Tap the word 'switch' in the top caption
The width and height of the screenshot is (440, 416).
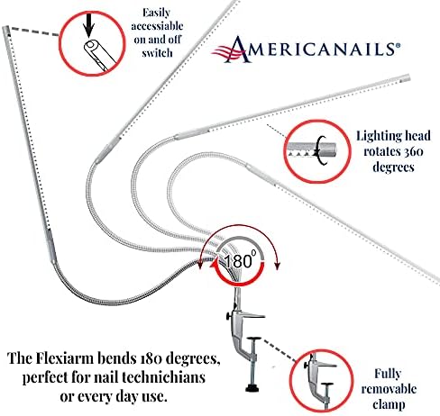[x=157, y=53]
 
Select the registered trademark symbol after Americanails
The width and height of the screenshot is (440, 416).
[x=398, y=45]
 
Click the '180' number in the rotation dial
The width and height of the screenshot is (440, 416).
[x=238, y=261]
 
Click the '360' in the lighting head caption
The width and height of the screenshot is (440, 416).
[x=414, y=151]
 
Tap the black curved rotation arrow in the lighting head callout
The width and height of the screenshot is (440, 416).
[x=322, y=150]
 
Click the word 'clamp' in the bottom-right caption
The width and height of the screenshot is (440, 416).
[x=389, y=404]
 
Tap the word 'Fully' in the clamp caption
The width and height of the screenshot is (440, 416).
[x=388, y=375]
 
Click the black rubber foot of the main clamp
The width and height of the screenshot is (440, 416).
[x=252, y=389]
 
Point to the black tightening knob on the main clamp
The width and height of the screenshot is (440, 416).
[x=229, y=316]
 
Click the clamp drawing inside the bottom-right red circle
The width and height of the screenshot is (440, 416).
[x=320, y=380]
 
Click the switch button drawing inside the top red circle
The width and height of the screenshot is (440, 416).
[x=99, y=56]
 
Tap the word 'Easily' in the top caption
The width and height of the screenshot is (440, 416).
[x=156, y=13]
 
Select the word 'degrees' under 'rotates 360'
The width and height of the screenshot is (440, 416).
[x=393, y=167]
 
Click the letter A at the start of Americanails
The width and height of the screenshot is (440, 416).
[x=237, y=50]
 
